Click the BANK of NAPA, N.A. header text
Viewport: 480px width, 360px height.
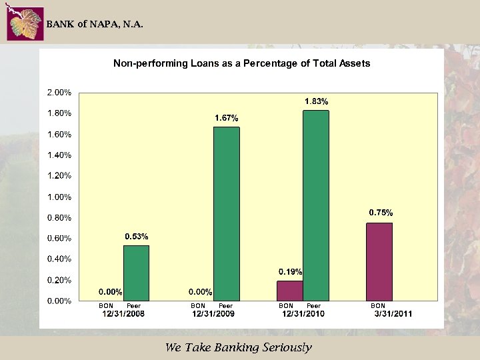tap(94, 25)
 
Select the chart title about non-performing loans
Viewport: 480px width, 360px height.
tap(241, 63)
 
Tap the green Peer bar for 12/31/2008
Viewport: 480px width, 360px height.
tap(136, 273)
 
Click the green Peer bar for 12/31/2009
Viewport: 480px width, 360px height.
tap(226, 213)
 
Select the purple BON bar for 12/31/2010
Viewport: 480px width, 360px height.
tap(289, 290)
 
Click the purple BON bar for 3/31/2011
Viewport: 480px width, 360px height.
tap(379, 261)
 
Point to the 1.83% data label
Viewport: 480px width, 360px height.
tap(316, 101)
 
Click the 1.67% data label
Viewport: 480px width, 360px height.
tap(226, 118)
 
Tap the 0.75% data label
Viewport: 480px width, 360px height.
tap(381, 213)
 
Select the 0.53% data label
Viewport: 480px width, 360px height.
tap(137, 237)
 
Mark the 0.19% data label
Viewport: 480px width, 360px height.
tap(290, 272)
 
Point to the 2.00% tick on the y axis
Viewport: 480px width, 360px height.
tap(59, 92)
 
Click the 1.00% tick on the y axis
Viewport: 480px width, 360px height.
tap(59, 197)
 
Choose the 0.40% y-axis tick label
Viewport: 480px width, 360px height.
tap(59, 259)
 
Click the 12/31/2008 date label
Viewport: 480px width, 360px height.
tap(123, 315)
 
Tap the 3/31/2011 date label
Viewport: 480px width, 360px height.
tap(393, 315)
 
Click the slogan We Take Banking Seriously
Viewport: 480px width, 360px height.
tap(238, 347)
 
